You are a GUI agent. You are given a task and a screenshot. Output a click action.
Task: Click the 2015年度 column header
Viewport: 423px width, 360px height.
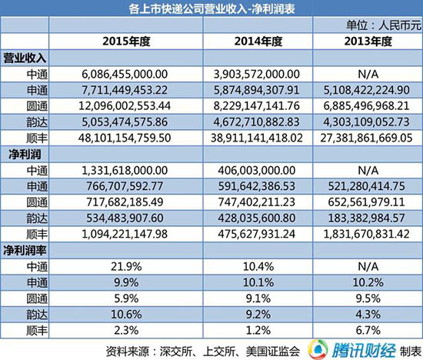coord(126,42)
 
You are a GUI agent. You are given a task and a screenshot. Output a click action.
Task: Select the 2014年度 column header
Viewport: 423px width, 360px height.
coord(258,42)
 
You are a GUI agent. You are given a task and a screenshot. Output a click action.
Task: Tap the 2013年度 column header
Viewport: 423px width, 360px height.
coord(368,42)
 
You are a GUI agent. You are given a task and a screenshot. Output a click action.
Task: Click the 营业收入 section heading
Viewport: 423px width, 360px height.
coord(25,58)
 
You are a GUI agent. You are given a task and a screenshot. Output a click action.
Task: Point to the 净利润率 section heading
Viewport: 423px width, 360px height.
coord(25,251)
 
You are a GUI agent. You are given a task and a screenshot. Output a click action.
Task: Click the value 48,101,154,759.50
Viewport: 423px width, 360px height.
coord(125,138)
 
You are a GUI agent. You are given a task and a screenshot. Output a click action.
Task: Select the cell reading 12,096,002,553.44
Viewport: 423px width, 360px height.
coord(125,106)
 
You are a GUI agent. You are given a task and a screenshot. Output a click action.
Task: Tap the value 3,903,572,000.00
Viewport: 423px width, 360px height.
coord(257,74)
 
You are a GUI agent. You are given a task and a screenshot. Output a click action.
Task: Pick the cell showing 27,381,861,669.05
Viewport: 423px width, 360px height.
coord(366,138)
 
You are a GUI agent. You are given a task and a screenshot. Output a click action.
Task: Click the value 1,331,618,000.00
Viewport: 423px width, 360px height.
coord(125,170)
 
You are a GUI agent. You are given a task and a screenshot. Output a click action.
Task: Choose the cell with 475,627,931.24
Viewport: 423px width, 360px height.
coord(257,234)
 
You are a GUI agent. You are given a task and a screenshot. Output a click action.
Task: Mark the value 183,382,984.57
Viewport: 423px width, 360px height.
coord(366,218)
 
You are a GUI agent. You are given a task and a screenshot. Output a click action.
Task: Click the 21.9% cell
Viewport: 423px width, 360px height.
coord(126,267)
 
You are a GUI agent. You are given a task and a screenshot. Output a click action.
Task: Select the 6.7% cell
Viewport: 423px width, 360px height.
coord(368,330)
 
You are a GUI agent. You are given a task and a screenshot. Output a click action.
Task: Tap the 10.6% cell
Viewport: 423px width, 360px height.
coord(126,315)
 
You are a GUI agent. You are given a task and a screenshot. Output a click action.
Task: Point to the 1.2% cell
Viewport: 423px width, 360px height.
coord(258,330)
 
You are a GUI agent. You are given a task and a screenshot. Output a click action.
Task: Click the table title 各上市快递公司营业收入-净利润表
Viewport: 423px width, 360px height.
coord(211,8)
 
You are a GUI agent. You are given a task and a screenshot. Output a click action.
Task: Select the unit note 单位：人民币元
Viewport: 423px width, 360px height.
coord(384,25)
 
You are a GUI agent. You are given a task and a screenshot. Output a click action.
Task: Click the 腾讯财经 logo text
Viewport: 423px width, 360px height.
coord(364,351)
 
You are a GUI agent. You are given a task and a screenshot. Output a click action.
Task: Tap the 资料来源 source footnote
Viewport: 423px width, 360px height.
coord(203,351)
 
